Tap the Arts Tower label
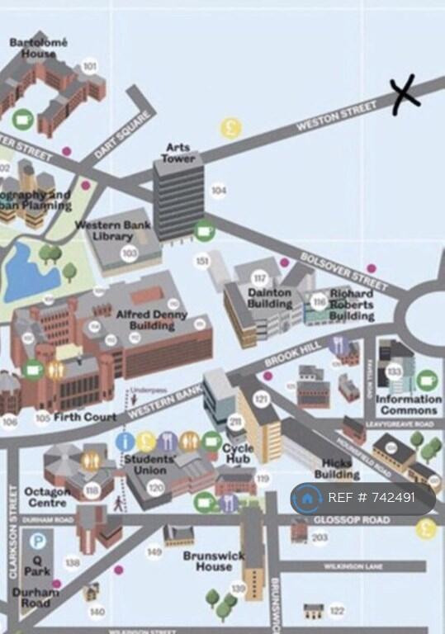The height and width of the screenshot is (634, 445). coord(178,153)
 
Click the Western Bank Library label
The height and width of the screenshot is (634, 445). coord(113,230)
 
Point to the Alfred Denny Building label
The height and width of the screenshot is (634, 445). coord(151,320)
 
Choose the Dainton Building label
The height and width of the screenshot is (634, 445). coord(270,298)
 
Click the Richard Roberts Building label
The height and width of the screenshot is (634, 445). coord(352,304)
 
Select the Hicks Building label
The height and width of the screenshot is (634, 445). coord(337,469)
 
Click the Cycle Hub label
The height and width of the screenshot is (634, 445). coord(239,454)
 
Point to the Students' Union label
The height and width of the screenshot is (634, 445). coord(149,465)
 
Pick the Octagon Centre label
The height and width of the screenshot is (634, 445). coord(47,496)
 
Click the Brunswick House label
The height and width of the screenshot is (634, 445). coord(213,561)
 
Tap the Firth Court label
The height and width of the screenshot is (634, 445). coord(85,418)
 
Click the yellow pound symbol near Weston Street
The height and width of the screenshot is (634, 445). coord(230,128)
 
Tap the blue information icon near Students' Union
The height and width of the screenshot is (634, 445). coord(125,441)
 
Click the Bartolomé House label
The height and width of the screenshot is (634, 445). coord(39,48)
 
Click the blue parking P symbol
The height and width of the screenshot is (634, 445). coord(38,542)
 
